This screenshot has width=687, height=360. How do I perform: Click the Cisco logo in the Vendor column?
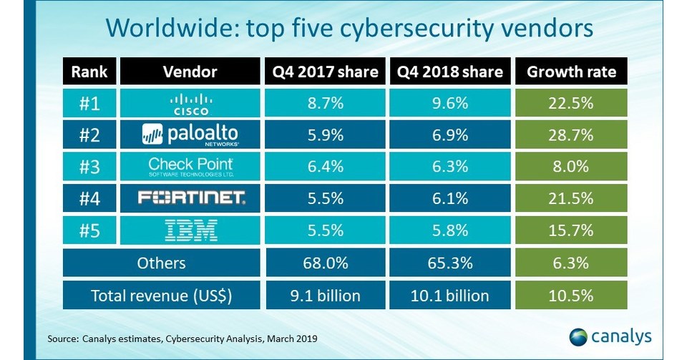coord(190,103)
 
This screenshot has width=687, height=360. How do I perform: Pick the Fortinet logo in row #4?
coord(190,199)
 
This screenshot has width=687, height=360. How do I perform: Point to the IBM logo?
coord(190,230)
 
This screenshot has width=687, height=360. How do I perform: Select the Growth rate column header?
coord(570,72)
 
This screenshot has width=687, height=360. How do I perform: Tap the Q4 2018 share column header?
coord(448,72)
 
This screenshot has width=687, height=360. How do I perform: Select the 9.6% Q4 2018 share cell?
coord(448,103)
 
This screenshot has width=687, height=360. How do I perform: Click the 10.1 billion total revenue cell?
coord(448,295)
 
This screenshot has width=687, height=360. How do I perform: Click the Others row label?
coord(161,263)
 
